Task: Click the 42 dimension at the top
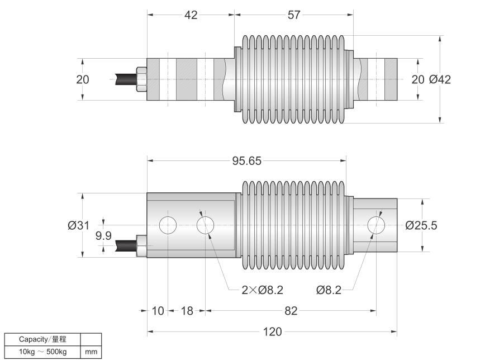pyautogui.click(x=191, y=15)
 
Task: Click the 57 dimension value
pyautogui.click(x=294, y=15)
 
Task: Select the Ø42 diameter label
pyautogui.click(x=440, y=79)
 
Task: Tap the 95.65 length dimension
pyautogui.click(x=247, y=161)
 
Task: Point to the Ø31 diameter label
pyautogui.click(x=78, y=225)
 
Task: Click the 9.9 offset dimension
pyautogui.click(x=103, y=236)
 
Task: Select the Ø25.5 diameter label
pyautogui.click(x=421, y=225)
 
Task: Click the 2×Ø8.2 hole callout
pyautogui.click(x=262, y=290)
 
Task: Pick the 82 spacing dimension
pyautogui.click(x=291, y=311)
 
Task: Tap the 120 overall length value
pyautogui.click(x=272, y=331)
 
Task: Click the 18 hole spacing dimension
pyautogui.click(x=187, y=311)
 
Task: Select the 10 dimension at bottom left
pyautogui.click(x=158, y=311)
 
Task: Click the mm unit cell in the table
pyautogui.click(x=91, y=352)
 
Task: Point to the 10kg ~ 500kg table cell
pyautogui.click(x=42, y=352)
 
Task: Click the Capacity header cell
pyautogui.click(x=42, y=339)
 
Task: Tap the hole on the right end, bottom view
pyautogui.click(x=376, y=225)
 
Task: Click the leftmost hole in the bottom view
pyautogui.click(x=168, y=225)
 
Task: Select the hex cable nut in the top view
pyautogui.click(x=141, y=79)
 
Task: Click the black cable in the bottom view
pyautogui.click(x=126, y=246)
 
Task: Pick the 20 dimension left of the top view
pyautogui.click(x=83, y=79)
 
